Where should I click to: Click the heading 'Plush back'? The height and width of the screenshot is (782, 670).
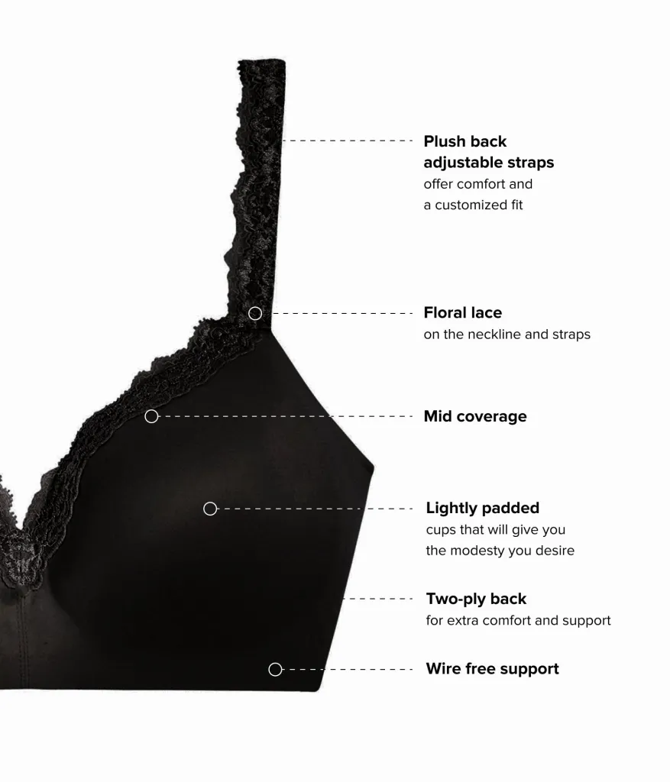[465, 141]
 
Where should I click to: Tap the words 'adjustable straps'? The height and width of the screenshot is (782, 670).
[489, 163]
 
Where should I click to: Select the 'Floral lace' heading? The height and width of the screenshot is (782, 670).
[463, 312]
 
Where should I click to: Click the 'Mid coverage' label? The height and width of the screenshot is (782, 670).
[475, 416]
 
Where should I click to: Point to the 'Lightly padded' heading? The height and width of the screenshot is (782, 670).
[482, 508]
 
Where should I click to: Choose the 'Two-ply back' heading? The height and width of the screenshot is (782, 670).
[476, 599]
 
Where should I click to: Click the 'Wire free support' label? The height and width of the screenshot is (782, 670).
[493, 669]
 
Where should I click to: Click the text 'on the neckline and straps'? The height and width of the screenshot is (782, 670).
[507, 334]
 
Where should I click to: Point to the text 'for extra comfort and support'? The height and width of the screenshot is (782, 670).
[518, 620]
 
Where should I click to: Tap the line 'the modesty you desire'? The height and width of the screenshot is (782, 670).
[500, 551]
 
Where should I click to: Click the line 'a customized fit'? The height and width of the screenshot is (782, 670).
[473, 205]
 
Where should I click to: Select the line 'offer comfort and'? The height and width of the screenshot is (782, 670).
[478, 184]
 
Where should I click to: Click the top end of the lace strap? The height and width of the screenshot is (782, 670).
[261, 62]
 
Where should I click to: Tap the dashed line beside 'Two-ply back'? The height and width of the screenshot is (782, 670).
[378, 599]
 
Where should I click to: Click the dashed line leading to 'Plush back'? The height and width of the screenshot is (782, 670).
[347, 141]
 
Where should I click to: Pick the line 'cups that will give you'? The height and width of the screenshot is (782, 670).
[495, 530]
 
